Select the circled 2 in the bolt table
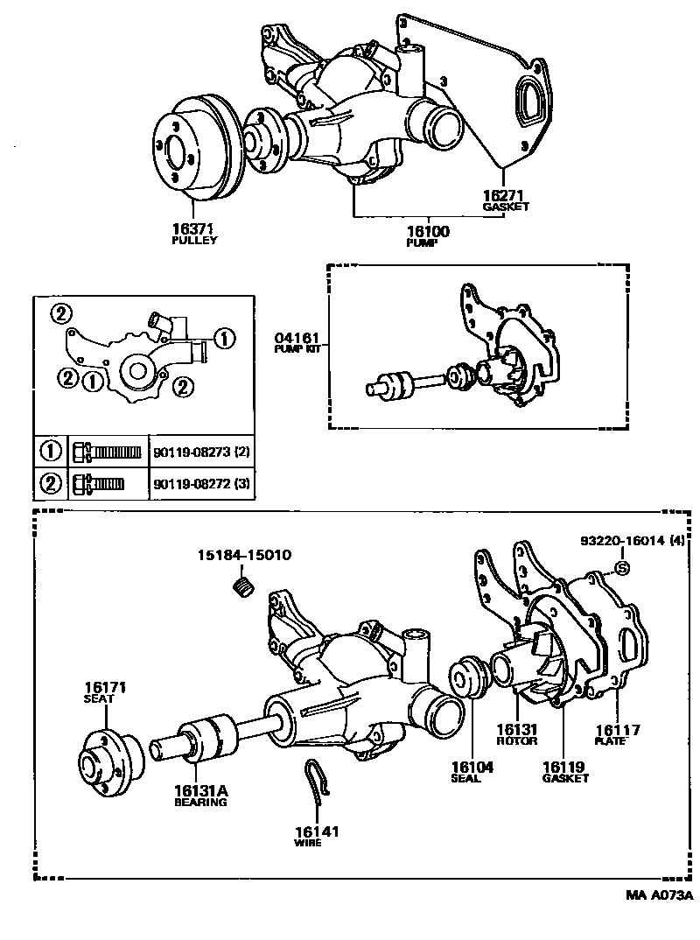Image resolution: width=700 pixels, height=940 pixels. click(x=50, y=482)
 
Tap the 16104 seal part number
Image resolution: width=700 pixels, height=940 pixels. click(x=466, y=767)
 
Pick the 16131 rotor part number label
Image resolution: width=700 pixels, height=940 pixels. click(x=516, y=728)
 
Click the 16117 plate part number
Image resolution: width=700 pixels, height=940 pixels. click(x=618, y=729)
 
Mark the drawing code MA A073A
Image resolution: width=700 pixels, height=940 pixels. click(x=658, y=895)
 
